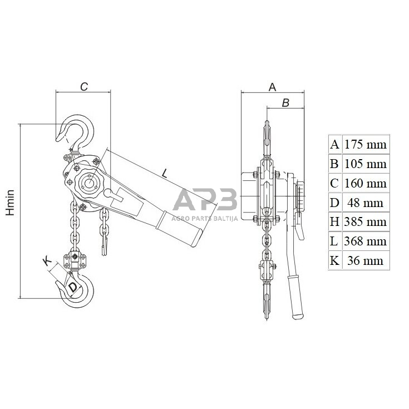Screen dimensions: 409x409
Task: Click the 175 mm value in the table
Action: (x=366, y=145)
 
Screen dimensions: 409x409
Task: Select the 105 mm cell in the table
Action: (x=366, y=164)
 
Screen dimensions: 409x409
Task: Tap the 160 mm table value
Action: (x=366, y=183)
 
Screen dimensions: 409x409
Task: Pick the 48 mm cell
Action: (x=365, y=203)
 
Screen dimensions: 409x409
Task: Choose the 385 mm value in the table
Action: (x=366, y=221)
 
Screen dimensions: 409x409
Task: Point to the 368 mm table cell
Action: (x=366, y=241)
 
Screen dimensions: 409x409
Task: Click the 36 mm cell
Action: (x=365, y=260)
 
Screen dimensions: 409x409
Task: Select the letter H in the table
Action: (x=334, y=221)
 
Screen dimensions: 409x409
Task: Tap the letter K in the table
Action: (x=334, y=260)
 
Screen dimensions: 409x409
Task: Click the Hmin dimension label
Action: (x=11, y=203)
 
